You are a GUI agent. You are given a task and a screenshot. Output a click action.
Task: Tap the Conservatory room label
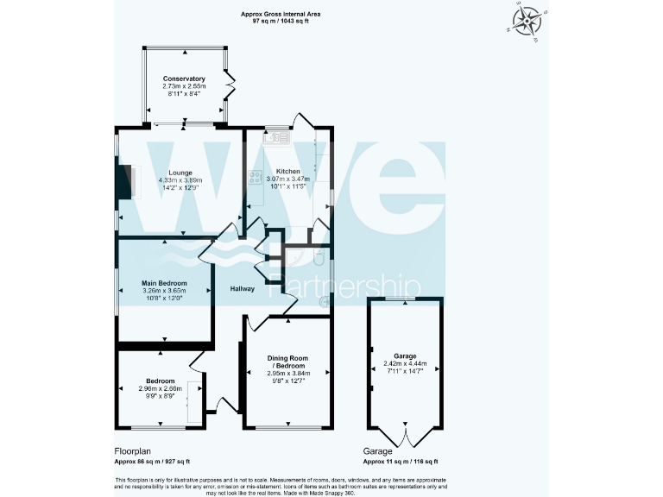(184, 79)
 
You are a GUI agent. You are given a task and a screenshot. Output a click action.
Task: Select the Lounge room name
(180, 172)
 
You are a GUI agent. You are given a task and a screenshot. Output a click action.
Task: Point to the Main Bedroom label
(164, 282)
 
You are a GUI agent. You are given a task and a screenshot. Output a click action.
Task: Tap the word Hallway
(241, 289)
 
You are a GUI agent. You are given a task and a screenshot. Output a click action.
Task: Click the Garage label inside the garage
(405, 355)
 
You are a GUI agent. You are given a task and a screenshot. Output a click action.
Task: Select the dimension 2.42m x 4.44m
(405, 363)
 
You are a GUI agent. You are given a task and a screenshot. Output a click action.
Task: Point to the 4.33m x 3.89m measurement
(180, 179)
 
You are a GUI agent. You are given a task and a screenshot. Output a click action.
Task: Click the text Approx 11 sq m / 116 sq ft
(407, 462)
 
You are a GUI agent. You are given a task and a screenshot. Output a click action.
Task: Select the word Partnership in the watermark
(345, 286)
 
